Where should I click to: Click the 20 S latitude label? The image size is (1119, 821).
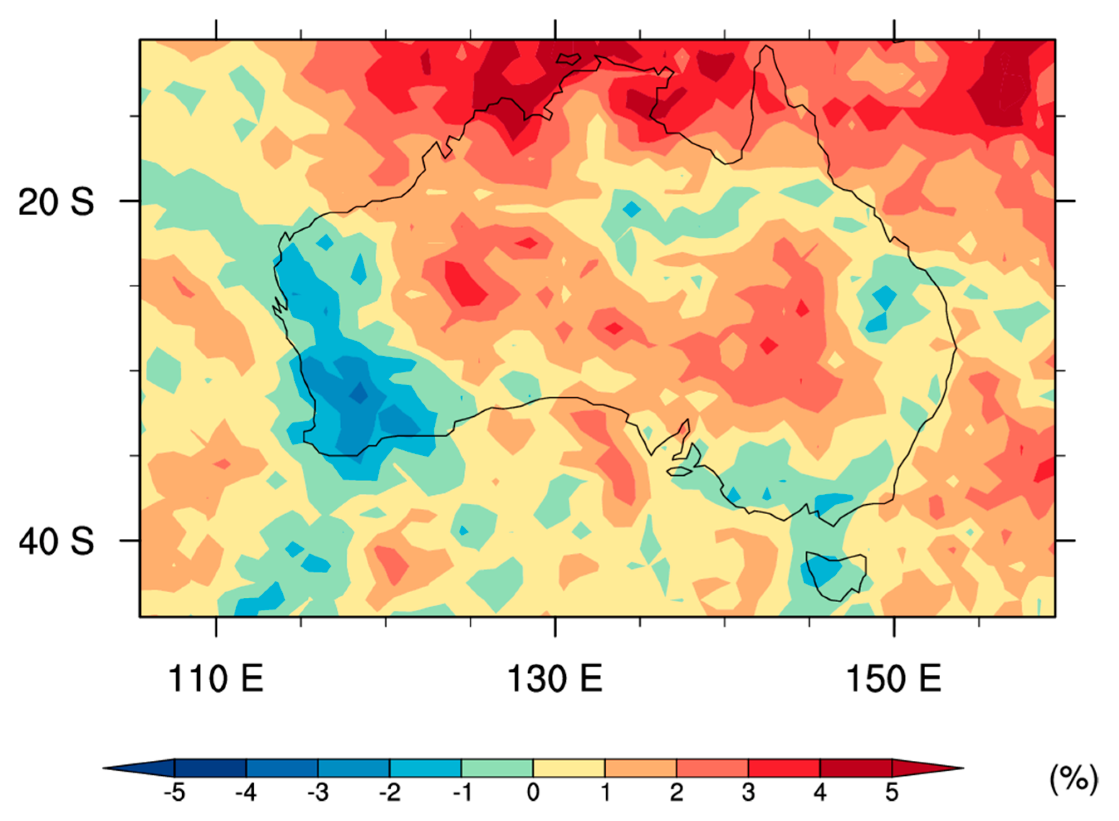56,202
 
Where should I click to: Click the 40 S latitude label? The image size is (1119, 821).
56,541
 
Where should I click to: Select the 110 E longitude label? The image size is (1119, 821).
216,679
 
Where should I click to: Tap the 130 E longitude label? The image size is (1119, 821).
555,679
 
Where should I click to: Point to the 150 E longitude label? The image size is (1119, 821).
894,679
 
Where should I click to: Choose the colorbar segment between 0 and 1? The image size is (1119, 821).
569,768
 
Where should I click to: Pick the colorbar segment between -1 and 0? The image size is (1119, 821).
497,768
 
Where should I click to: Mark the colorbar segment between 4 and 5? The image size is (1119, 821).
855,768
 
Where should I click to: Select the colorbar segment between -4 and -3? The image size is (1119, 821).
282,768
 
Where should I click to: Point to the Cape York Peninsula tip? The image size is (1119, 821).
767,48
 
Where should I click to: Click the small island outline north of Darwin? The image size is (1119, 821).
568,59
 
